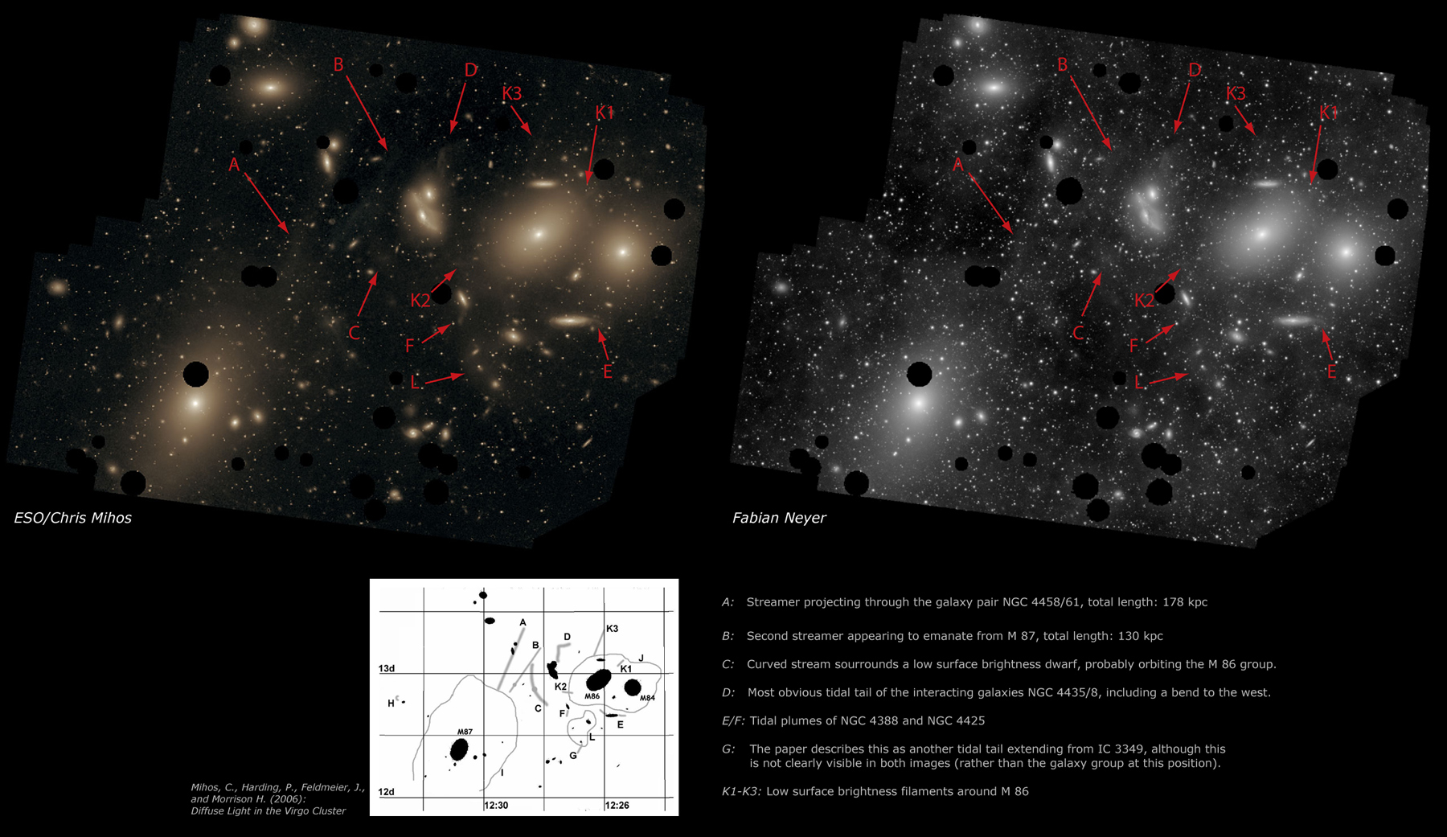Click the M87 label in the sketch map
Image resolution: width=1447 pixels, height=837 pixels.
click(x=465, y=732)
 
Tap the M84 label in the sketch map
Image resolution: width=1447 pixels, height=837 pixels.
click(x=647, y=698)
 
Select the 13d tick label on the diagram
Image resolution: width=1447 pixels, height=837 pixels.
click(x=387, y=669)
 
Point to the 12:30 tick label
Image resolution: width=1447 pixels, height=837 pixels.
click(x=496, y=805)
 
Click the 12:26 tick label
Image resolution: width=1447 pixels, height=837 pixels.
click(x=617, y=805)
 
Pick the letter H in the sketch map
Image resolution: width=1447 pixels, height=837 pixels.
click(x=391, y=704)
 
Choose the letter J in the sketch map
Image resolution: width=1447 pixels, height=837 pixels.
click(x=641, y=659)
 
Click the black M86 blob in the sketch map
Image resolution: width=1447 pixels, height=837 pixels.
click(x=599, y=679)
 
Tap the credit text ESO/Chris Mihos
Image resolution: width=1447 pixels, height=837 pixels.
click(x=72, y=518)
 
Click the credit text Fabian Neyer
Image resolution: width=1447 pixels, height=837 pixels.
click(x=778, y=518)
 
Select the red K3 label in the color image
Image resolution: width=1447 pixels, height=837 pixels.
click(x=512, y=93)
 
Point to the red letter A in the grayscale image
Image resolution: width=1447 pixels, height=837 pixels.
click(x=957, y=165)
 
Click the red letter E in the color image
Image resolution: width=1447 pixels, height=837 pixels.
click(x=608, y=371)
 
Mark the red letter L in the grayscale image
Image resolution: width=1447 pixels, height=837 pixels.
click(x=1138, y=383)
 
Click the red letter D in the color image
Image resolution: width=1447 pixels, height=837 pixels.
click(x=471, y=71)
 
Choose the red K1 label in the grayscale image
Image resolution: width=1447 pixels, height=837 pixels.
click(x=1329, y=113)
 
